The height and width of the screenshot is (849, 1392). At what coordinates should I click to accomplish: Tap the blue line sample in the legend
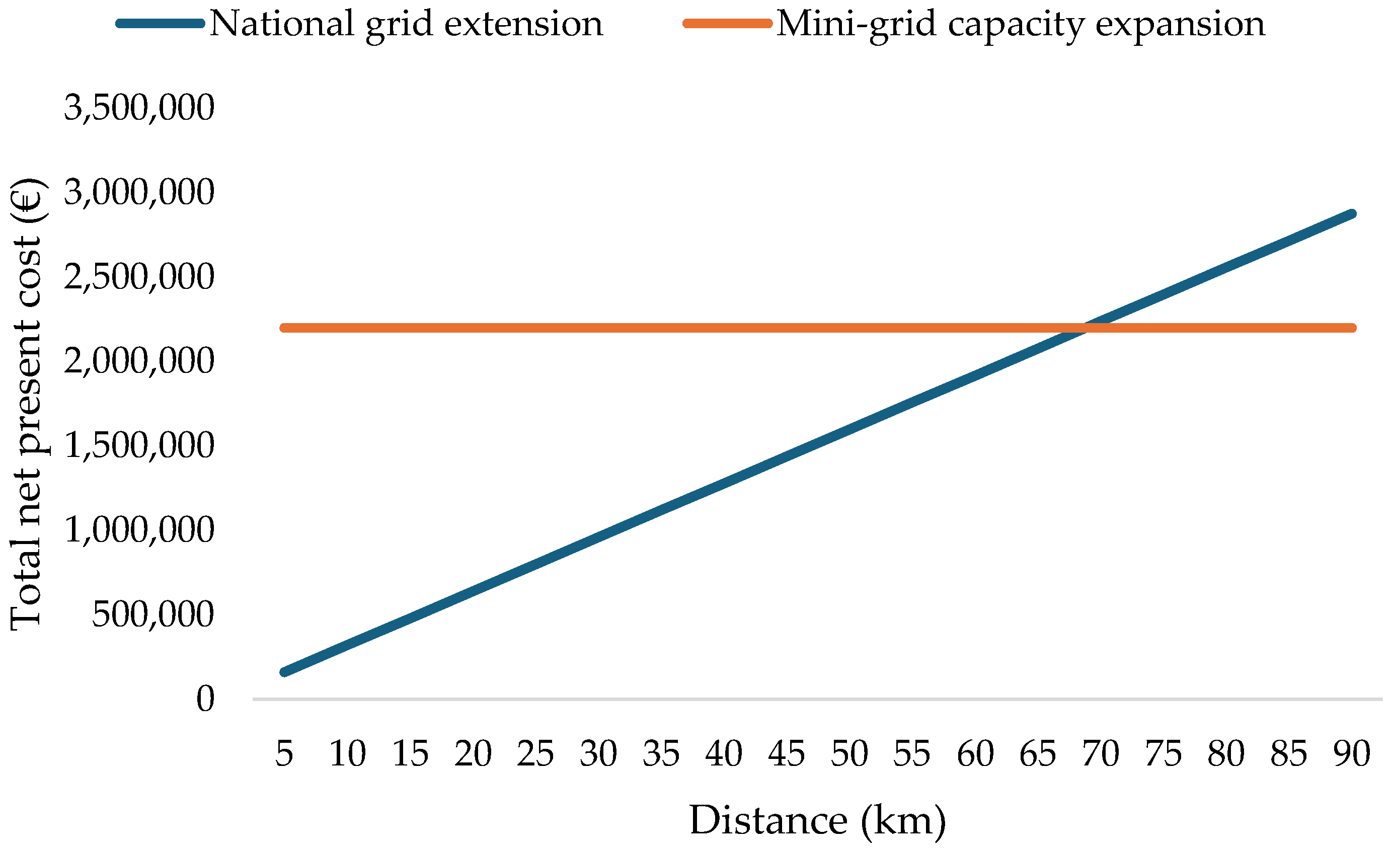click(x=161, y=24)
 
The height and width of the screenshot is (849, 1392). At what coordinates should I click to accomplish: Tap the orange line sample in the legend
click(x=728, y=24)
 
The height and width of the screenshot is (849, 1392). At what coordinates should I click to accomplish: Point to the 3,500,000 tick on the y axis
click(x=139, y=107)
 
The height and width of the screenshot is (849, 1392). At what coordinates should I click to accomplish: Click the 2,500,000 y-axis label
click(x=139, y=276)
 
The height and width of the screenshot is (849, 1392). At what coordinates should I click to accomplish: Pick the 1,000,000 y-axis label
click(x=139, y=529)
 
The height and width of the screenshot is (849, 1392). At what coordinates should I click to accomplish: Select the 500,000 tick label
click(x=152, y=613)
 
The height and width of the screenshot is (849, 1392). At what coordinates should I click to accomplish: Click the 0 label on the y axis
click(x=205, y=698)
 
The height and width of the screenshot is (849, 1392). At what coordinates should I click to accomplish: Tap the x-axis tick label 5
click(x=284, y=753)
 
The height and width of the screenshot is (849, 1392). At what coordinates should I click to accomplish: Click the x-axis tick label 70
click(x=1101, y=753)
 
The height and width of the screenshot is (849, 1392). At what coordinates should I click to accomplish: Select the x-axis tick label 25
click(x=535, y=753)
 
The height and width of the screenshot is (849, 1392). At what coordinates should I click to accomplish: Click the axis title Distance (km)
click(x=817, y=820)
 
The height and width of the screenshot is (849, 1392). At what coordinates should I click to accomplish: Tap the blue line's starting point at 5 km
click(x=284, y=672)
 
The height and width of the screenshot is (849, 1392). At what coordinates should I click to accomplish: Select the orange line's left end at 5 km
click(x=284, y=328)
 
